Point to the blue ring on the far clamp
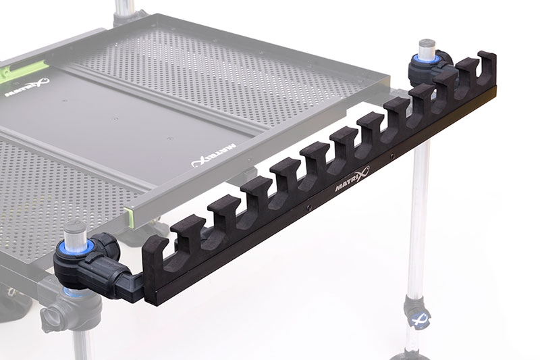coord(427,63)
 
